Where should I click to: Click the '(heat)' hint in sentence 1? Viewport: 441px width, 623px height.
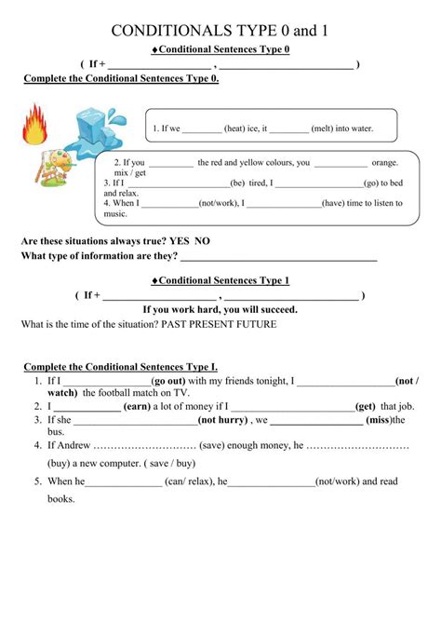point(235,129)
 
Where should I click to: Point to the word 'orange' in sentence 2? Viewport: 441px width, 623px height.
point(384,162)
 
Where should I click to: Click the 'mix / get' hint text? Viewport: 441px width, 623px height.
point(130,173)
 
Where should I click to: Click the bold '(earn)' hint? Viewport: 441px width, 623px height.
point(137,406)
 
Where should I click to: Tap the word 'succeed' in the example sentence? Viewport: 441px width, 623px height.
point(274,309)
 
